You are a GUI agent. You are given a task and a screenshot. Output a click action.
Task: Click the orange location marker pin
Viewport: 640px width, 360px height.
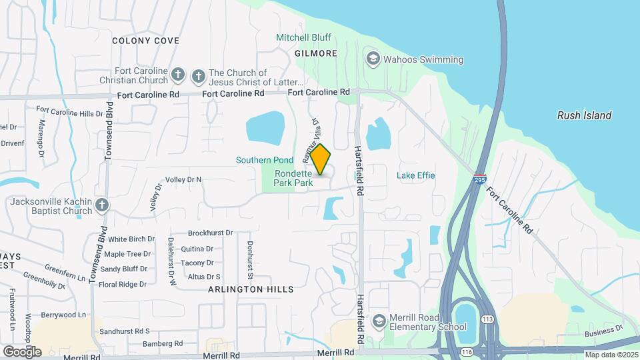point(321,159)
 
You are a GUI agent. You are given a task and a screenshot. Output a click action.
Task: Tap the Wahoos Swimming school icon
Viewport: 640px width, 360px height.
point(373,59)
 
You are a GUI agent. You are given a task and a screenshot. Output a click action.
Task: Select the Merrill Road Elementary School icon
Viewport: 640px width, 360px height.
point(379,321)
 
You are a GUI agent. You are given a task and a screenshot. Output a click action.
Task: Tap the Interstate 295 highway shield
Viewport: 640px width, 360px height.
point(479,179)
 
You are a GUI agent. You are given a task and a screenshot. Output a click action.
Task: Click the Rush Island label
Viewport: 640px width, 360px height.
point(584,115)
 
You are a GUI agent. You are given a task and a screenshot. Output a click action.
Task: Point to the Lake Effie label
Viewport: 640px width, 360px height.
point(415,175)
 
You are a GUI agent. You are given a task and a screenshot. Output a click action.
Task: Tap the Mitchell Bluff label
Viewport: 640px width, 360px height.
point(303,38)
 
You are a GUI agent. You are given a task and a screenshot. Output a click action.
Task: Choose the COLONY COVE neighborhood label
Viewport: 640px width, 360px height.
point(145,41)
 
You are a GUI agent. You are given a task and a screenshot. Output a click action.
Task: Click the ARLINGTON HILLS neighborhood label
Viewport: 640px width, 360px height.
point(251,289)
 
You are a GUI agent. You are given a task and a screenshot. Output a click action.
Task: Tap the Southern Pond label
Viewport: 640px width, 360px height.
point(265,160)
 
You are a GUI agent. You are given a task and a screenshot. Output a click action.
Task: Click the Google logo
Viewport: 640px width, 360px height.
point(22,351)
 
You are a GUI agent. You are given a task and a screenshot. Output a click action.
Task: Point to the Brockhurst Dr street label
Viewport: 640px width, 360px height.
point(210,233)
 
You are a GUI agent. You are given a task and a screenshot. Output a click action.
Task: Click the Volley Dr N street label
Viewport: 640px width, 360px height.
point(183,179)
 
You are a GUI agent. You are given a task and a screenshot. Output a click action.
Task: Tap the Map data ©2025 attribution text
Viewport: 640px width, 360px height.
point(611,355)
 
